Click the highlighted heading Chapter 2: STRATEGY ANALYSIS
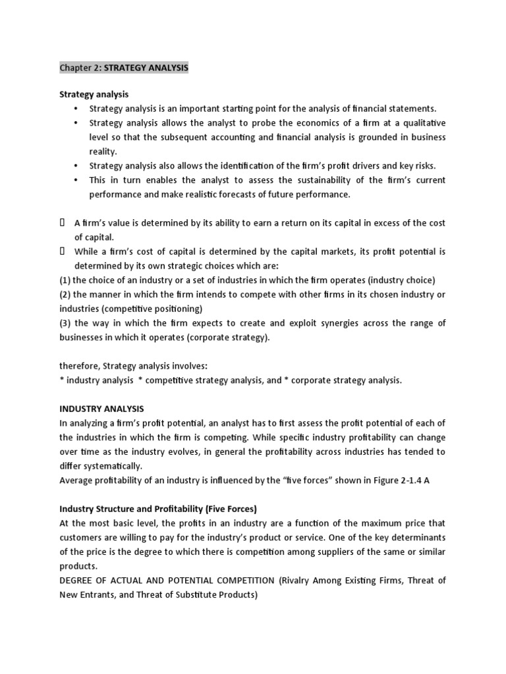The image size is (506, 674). [x=124, y=68]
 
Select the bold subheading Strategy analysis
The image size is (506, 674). [x=94, y=95]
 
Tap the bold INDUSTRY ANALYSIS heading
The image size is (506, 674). [x=101, y=409]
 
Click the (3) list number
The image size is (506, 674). [x=66, y=323]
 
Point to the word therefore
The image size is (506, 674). [x=79, y=366]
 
